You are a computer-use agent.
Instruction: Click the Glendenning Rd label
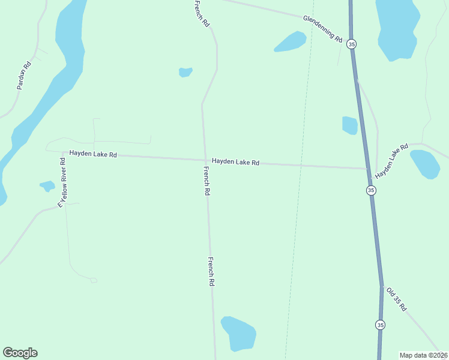click(322, 29)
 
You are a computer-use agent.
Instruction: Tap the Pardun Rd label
click(23, 76)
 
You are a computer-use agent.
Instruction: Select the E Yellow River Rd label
click(62, 182)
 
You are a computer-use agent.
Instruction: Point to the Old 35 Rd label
click(397, 299)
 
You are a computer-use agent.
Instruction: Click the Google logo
click(20, 353)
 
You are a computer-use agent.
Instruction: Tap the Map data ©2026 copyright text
click(423, 355)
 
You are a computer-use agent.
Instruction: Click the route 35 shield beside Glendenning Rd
click(352, 44)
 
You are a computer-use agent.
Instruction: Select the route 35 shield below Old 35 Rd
click(380, 325)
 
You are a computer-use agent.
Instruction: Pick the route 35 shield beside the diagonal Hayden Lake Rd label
click(371, 190)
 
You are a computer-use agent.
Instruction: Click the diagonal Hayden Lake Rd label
click(391, 160)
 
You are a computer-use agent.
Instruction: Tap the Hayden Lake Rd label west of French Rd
click(92, 154)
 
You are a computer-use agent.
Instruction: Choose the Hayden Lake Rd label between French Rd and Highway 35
click(235, 162)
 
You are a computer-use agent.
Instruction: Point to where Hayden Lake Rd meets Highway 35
click(369, 169)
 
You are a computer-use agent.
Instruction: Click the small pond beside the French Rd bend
click(185, 72)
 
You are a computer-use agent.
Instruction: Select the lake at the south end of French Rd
click(238, 333)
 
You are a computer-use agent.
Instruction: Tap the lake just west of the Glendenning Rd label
click(291, 41)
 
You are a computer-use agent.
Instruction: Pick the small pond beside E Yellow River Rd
click(47, 185)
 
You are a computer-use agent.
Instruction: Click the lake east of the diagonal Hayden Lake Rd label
click(425, 164)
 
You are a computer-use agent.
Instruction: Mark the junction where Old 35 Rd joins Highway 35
click(381, 286)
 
